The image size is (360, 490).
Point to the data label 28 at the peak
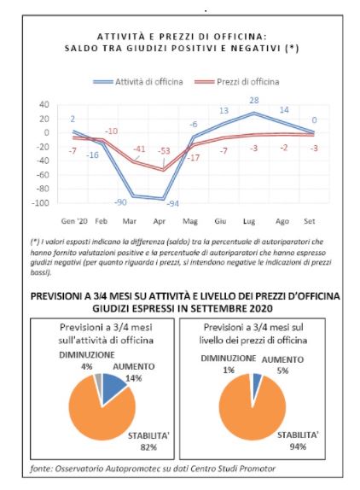pyautogui.click(x=253, y=102)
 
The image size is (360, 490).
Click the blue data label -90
pyautogui.click(x=120, y=201)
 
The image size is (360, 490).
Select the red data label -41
pyautogui.click(x=137, y=149)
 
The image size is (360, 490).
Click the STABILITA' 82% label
pyautogui.click(x=147, y=440)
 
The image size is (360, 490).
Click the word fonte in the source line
pyautogui.click(x=43, y=470)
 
